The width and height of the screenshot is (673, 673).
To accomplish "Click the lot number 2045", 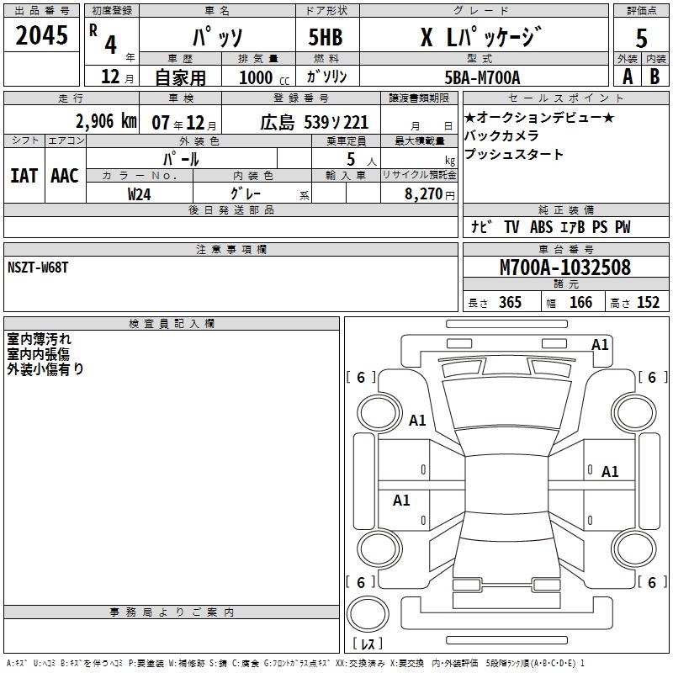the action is [x=41, y=35].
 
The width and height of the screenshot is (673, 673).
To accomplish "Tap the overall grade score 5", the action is [x=641, y=39].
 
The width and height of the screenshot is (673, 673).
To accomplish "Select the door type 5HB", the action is [x=326, y=37].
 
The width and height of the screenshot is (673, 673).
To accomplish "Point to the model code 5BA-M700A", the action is [x=482, y=77].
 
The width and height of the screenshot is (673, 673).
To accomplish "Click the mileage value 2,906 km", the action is [x=106, y=121].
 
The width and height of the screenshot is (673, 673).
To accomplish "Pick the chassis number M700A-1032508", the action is [x=565, y=268].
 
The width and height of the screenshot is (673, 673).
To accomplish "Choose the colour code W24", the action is [x=139, y=194].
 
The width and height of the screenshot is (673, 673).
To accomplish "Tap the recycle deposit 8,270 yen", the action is [x=429, y=194].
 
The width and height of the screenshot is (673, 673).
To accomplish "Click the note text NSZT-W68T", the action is [x=38, y=268].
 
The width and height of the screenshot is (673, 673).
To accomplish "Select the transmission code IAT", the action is [x=24, y=176].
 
